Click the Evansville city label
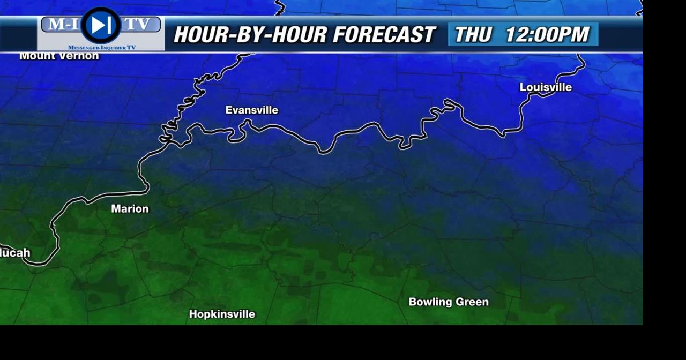click(x=251, y=110)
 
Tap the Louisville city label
click(x=546, y=87)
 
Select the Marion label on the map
click(x=130, y=209)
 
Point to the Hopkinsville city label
click(x=222, y=314)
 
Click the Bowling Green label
click(x=449, y=302)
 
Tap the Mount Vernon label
click(x=59, y=56)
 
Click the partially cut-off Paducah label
click(x=15, y=253)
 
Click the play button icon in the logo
click(x=101, y=25)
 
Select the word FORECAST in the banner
click(x=384, y=35)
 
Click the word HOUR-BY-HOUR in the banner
click(x=249, y=35)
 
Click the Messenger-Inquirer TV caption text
click(x=102, y=48)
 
